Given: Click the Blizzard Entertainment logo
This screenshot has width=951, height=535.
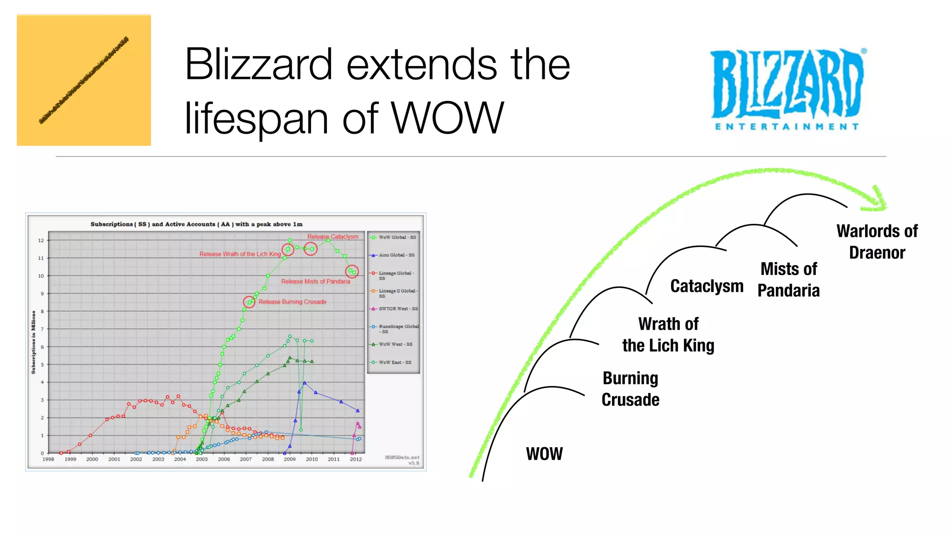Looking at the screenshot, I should pyautogui.click(x=788, y=88).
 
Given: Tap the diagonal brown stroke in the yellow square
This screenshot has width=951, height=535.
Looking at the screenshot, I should pyautogui.click(x=84, y=80).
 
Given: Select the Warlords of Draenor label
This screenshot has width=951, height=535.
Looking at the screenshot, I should pyautogui.click(x=877, y=241).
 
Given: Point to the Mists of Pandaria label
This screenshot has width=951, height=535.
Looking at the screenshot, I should pyautogui.click(x=788, y=280).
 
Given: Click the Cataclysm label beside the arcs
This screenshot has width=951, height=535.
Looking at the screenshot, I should pyautogui.click(x=707, y=286).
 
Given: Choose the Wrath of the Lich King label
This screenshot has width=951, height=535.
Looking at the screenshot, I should pyautogui.click(x=668, y=334).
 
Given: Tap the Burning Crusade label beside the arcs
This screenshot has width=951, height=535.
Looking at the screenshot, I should pyautogui.click(x=630, y=389).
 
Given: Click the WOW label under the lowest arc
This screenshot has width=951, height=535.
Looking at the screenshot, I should pyautogui.click(x=544, y=454).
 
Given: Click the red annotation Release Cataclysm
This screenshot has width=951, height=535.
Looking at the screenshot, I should pyautogui.click(x=332, y=237).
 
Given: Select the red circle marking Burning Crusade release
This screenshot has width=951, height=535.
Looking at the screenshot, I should pyautogui.click(x=249, y=302).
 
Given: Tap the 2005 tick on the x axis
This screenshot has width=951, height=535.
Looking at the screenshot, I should pyautogui.click(x=202, y=459).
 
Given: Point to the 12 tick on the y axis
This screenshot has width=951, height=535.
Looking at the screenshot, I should pyautogui.click(x=41, y=240).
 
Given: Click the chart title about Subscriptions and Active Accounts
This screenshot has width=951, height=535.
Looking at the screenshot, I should pyautogui.click(x=196, y=224).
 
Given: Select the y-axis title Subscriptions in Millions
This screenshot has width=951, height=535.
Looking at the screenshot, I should pyautogui.click(x=33, y=342).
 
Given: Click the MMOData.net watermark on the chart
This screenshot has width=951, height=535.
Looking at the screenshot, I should pyautogui.click(x=402, y=457).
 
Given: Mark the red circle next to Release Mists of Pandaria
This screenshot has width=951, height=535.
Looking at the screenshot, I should pyautogui.click(x=352, y=271).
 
